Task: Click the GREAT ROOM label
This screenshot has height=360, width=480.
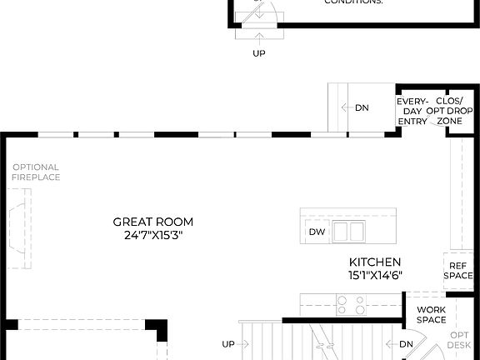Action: (153, 222)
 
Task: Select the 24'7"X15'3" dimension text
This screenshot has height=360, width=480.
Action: (153, 235)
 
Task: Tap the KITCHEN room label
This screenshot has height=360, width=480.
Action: (375, 262)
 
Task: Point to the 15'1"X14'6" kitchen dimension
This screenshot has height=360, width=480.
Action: (375, 275)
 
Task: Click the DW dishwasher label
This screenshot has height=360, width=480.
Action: (316, 232)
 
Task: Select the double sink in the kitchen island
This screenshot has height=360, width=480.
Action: (348, 231)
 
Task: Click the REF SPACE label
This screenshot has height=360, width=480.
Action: (458, 270)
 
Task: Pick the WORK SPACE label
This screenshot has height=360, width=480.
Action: (432, 314)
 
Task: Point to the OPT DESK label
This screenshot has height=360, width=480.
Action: (459, 339)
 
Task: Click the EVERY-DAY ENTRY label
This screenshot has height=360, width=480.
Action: (412, 111)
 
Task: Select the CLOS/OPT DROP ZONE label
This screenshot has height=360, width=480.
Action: (449, 111)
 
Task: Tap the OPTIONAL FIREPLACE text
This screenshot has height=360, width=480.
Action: (36, 172)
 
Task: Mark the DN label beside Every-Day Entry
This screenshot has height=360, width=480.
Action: (362, 107)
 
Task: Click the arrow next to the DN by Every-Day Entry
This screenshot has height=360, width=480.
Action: (345, 107)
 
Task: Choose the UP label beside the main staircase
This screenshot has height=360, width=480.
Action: (228, 343)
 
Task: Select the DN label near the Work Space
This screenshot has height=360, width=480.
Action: (406, 343)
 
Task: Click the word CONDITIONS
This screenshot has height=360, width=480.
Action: (353, 2)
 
